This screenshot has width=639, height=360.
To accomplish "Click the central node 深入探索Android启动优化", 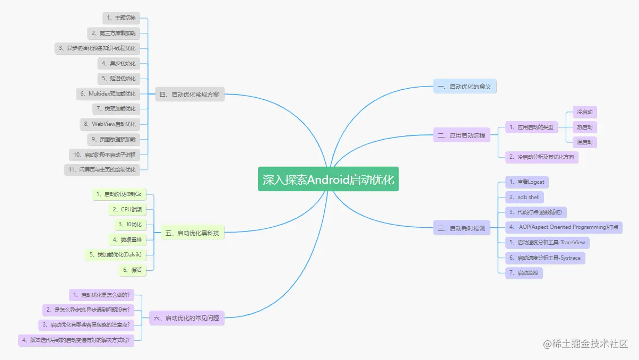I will pos(328,179).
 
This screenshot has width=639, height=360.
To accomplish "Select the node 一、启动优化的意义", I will pos(464,87).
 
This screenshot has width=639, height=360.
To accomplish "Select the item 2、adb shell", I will pos(524,197).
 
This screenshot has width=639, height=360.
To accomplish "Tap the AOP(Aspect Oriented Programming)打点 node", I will pos(564,227).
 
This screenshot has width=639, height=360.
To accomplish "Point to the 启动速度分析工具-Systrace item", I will pos(545,258).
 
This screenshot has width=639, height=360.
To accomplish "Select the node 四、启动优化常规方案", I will pos(189,95).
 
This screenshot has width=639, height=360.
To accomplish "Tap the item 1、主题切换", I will pos(121,18).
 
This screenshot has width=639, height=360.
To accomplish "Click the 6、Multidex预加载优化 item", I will pos(108,94).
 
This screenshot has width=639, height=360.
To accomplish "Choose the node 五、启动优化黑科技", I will pos(192,233).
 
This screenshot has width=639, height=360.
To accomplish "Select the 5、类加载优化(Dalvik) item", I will pos(115,255).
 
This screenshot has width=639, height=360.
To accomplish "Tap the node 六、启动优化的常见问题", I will pos(186,319).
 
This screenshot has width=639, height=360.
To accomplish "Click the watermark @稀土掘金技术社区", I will pos(585,344).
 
